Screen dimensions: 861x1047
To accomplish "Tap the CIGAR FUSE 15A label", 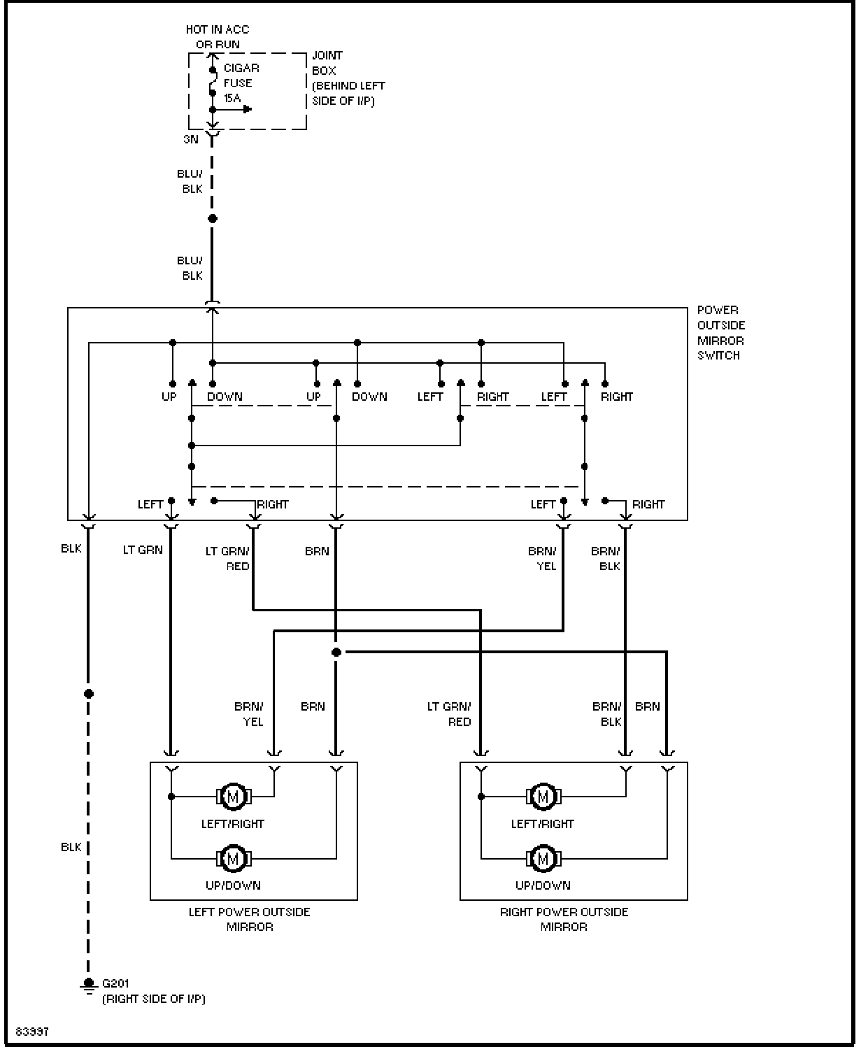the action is pos(241,83).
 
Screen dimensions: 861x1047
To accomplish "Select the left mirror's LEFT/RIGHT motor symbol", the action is pos(233,797).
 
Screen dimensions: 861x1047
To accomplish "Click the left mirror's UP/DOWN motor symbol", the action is pos(233,858).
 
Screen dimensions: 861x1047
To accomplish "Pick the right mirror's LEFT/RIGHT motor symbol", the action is pos(543,797).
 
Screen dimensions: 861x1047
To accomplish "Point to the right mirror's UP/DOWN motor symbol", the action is pos(543,858).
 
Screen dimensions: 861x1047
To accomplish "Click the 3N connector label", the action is pos(191,139).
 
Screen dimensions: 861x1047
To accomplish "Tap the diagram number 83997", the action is pos(32,1031).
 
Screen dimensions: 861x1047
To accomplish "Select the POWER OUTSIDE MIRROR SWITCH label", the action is pos(721,333).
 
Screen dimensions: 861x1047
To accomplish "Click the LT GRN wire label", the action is pos(143,550).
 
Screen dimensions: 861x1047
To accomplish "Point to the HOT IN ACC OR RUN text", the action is pos(218,37).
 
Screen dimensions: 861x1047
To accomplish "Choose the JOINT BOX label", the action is pos(327,63).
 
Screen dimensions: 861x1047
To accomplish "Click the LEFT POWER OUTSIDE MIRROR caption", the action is pos(249,920).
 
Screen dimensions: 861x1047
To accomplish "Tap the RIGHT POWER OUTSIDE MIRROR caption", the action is pos(564,920).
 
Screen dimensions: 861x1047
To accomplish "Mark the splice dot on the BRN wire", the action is pos(336,652).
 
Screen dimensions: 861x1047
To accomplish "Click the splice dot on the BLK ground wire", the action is pos(88,694).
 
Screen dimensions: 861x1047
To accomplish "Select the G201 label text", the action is pos(115,983).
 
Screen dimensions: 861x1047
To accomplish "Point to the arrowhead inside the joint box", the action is pos(248,109).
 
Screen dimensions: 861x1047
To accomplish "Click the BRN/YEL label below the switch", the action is pos(542,559).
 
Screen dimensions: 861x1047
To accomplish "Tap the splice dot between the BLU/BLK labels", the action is pos(213,218).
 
